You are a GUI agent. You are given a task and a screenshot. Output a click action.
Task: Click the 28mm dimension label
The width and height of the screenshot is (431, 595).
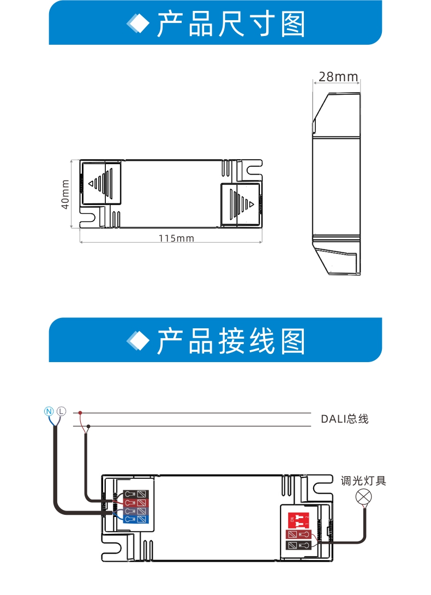pos(338,77)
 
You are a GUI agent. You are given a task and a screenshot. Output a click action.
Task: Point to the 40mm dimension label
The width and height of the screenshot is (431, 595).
pos(65,195)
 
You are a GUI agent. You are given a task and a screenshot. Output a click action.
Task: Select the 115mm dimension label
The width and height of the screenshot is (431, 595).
pos(176,238)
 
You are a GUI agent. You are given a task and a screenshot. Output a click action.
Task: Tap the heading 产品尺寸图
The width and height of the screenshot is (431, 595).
pos(231,23)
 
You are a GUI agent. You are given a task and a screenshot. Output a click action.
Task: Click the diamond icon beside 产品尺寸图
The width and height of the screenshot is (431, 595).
pos(138,23)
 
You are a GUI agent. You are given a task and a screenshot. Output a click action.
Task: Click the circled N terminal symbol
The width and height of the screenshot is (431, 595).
pos(49,410)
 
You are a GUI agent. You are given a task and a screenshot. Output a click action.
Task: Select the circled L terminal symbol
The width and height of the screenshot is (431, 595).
pos(61,410)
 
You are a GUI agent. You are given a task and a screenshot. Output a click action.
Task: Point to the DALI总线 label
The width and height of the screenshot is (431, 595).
pos(344,419)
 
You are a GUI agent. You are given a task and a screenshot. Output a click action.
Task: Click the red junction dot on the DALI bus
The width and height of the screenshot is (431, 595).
pos(80,413)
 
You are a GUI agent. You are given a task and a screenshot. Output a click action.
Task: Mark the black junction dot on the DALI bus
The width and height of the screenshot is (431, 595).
pos(87,425)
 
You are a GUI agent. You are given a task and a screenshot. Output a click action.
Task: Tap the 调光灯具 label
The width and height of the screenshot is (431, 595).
pos(363,481)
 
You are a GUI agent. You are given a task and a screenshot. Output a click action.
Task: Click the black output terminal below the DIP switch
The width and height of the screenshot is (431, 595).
pos(298,545)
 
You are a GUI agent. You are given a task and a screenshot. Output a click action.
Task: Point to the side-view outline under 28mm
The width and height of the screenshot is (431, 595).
pos(336,183)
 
